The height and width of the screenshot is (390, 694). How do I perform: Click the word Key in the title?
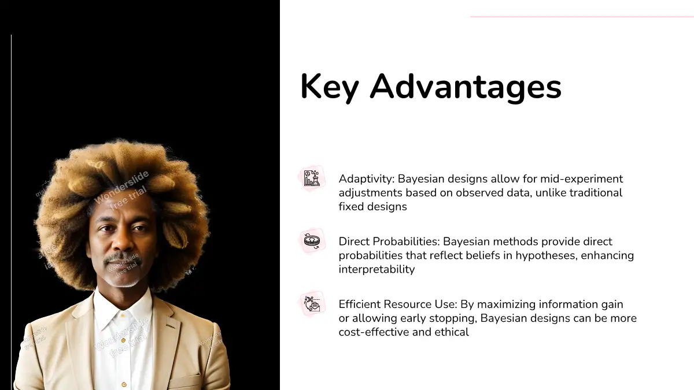[330, 88]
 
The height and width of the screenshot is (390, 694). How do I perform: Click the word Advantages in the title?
[466, 88]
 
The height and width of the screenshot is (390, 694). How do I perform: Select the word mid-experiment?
[582, 179]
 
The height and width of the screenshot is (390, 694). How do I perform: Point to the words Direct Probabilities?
[389, 242]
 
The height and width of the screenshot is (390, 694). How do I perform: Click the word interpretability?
[376, 269]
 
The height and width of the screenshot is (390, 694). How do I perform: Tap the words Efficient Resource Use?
[398, 304]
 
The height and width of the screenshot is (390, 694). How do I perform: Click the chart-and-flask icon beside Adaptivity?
[312, 179]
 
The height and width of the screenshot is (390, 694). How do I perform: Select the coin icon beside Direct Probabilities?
[312, 241]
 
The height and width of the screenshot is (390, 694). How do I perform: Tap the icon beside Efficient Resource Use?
[312, 303]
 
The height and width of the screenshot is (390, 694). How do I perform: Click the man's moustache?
[123, 258]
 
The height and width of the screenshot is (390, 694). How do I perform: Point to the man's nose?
[121, 240]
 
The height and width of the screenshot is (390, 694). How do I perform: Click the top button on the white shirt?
[123, 315]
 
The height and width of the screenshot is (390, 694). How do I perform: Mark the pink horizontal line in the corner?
[582, 16]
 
